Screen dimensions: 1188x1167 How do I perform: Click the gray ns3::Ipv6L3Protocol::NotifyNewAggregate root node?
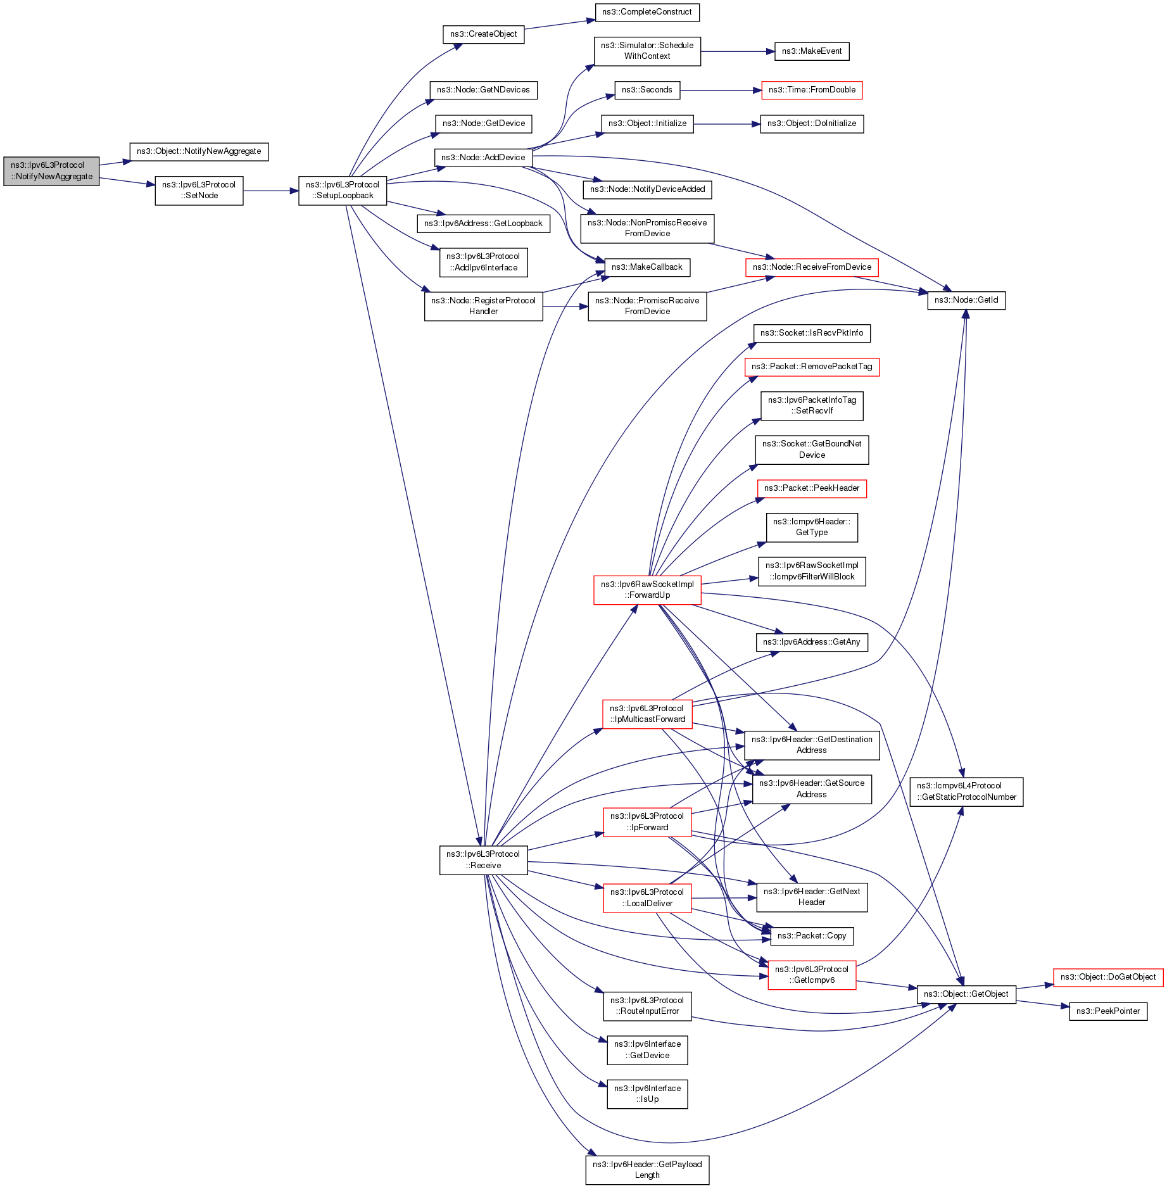coord(51,171)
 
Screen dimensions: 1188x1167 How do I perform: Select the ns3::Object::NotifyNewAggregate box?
coord(199,152)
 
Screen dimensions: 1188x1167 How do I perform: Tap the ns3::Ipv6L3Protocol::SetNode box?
coord(199,191)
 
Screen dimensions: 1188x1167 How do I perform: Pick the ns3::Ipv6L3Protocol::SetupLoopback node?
coord(343,191)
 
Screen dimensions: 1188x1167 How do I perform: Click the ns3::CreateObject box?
coord(483,34)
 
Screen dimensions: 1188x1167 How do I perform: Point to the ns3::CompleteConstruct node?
coord(647,12)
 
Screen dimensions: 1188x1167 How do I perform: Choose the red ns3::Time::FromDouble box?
coord(811,90)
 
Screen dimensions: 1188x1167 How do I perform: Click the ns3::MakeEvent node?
coord(811,51)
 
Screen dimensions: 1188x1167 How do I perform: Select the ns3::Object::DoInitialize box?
coord(811,123)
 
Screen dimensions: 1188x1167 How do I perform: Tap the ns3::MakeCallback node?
coord(647,267)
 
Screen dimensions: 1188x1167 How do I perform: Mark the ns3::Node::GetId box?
coord(966,300)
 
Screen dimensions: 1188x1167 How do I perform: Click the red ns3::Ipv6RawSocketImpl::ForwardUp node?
coord(647,590)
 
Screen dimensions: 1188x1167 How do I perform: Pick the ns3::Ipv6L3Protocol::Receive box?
coord(483,860)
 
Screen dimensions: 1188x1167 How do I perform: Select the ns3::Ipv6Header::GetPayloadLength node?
coord(647,1170)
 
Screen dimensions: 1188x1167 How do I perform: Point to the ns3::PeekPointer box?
coord(1107,1011)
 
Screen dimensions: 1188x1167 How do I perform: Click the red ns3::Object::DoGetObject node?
coord(1107,977)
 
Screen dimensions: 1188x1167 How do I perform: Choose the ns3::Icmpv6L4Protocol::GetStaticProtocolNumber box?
coord(966,792)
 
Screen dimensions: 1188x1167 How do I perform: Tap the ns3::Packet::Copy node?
coord(811,936)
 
